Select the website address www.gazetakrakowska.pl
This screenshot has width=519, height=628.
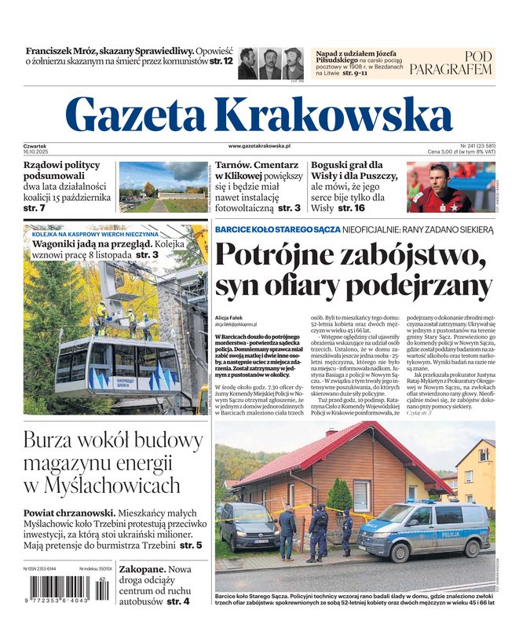(259, 146)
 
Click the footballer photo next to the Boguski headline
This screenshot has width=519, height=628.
(450, 187)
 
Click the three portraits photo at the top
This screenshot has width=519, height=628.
(271, 63)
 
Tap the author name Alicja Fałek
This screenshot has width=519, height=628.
(236, 318)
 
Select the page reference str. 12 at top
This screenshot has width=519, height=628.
(221, 60)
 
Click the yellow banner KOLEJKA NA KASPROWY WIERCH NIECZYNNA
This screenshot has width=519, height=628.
(95, 234)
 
